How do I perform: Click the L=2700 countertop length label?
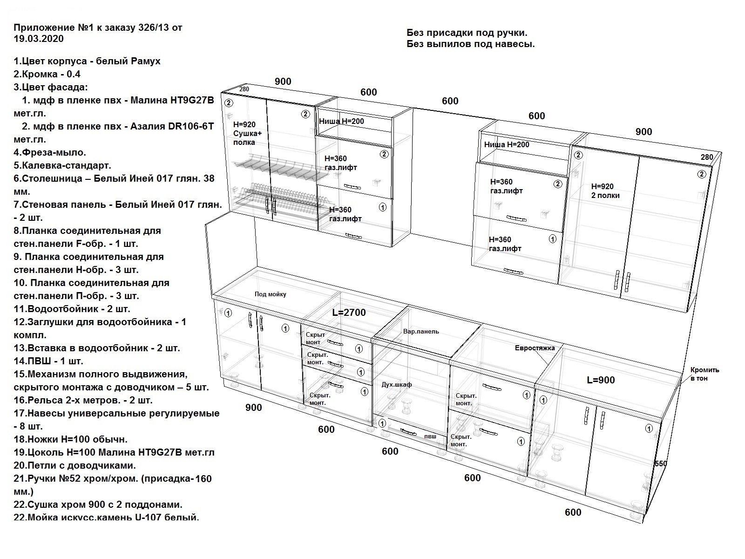point(349,312)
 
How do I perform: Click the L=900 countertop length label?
point(601,380)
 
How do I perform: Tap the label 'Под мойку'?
point(270,294)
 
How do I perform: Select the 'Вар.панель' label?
point(421,331)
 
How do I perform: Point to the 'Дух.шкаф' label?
point(396,385)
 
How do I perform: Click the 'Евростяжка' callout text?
point(535,348)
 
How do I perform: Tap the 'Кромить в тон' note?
point(705,374)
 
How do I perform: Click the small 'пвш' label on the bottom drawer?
point(430,436)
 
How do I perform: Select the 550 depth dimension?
point(660,464)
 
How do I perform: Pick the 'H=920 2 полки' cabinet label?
point(605,191)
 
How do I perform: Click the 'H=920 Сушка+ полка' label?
point(247,133)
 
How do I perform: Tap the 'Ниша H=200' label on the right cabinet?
point(507,144)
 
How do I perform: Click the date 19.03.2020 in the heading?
point(39,39)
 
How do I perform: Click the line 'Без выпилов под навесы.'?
point(470,44)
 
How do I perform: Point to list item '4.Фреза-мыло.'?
point(50,152)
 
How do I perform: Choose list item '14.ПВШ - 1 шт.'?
point(48,361)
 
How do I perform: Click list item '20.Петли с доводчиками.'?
point(74,465)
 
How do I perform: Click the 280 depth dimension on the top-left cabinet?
point(244,89)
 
